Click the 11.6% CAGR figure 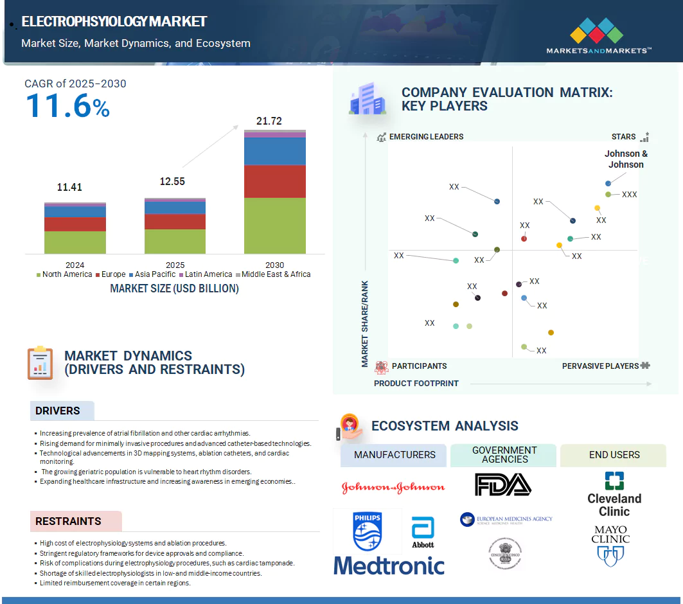[67, 106]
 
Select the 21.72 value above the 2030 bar [269, 121]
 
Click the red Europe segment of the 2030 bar [274, 181]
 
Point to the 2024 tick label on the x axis [75, 265]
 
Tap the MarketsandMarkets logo [598, 36]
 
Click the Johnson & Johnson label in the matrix [626, 159]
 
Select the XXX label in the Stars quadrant [630, 194]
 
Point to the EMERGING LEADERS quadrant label [426, 137]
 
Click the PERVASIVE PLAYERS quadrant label [600, 366]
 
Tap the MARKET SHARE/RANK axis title [365, 324]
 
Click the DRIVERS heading [58, 411]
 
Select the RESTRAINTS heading [68, 521]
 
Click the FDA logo [503, 484]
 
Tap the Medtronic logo [389, 565]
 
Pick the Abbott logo [423, 533]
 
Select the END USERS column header [614, 455]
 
